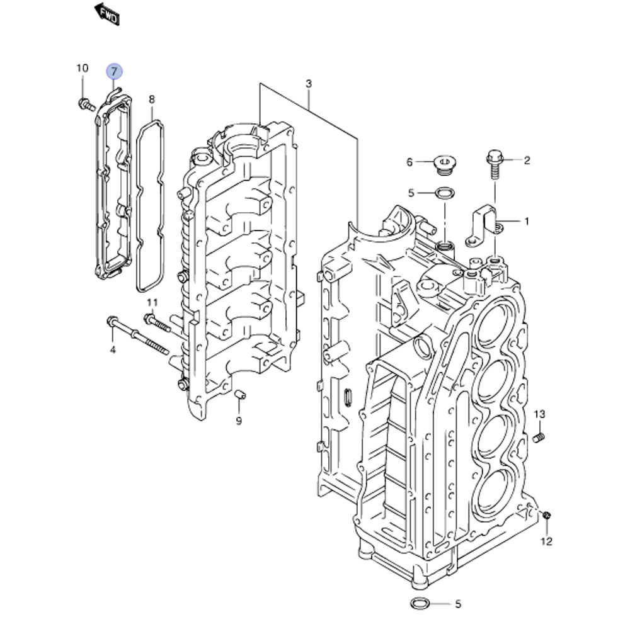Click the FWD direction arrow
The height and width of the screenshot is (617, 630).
pos(106,14)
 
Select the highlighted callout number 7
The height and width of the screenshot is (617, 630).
pos(114,71)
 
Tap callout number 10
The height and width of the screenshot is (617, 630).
pos(83,68)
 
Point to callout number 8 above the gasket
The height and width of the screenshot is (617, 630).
pos(151,99)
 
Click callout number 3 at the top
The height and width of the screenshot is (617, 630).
pos(309,84)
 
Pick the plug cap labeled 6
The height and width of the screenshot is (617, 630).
pos(444,162)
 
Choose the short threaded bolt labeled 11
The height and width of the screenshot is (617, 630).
pos(157,323)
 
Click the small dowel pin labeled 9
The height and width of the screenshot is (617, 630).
pos(239,395)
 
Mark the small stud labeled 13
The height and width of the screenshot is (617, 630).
pos(539,437)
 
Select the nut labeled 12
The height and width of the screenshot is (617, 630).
pos(546,516)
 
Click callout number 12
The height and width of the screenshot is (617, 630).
pos(546,541)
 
